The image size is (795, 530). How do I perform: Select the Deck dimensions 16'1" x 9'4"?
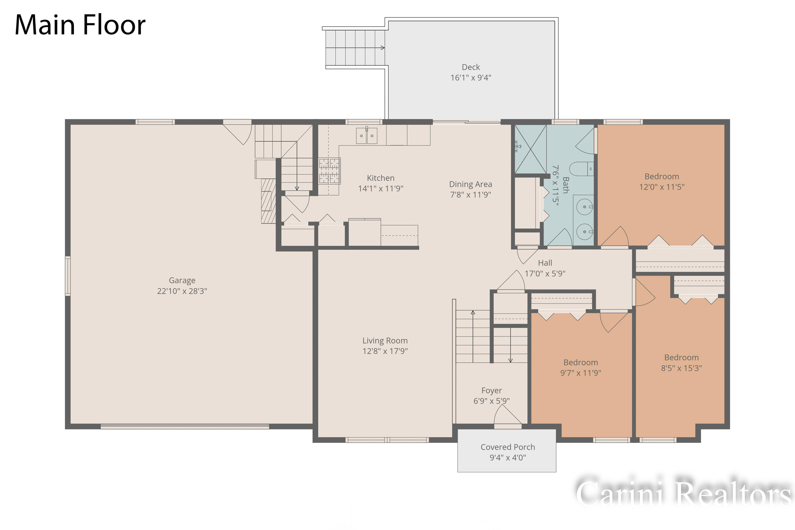click(x=471, y=78)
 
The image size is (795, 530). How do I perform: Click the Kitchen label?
click(x=381, y=178)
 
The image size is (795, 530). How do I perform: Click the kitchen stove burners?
click(x=329, y=171)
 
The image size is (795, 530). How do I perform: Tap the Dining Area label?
click(x=471, y=184)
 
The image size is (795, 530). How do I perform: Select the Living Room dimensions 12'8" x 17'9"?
click(x=385, y=351)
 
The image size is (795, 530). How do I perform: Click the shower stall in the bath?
click(x=530, y=149)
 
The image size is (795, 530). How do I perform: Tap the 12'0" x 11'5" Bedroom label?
click(x=662, y=182)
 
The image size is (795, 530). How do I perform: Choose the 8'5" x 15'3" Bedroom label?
click(x=681, y=363)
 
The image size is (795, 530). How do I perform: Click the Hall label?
click(x=545, y=263)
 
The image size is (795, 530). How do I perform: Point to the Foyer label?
click(x=492, y=391)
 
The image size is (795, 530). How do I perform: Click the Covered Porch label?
click(x=508, y=447)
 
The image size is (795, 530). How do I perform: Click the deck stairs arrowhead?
click(x=383, y=48)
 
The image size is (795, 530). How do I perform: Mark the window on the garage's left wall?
click(x=68, y=276)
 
